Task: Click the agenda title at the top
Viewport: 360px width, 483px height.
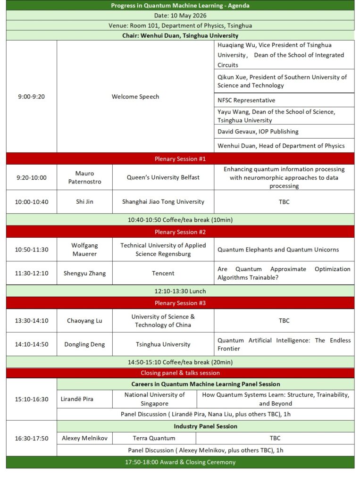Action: click(x=180, y=6)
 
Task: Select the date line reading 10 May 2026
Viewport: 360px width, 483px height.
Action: click(x=180, y=16)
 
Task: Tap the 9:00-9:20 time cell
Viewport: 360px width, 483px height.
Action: click(x=31, y=97)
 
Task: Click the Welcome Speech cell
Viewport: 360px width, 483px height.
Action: click(x=135, y=97)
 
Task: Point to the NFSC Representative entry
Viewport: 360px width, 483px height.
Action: click(x=246, y=100)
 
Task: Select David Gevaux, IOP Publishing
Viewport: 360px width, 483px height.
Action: click(x=258, y=131)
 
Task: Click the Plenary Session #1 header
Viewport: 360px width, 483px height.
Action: click(x=180, y=158)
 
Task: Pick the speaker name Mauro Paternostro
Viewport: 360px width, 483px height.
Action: click(x=84, y=177)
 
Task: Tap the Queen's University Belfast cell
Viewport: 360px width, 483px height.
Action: click(x=163, y=177)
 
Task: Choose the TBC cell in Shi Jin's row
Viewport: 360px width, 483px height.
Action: click(x=284, y=202)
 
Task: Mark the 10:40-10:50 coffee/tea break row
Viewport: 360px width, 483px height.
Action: click(x=180, y=220)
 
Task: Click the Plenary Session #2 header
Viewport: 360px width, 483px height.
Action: click(x=180, y=232)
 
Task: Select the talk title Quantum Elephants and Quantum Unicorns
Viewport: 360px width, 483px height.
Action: click(x=278, y=250)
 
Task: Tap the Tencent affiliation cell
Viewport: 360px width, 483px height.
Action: click(x=163, y=273)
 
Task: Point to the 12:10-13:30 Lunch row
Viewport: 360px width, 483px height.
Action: click(x=180, y=291)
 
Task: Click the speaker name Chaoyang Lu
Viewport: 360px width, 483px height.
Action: click(x=84, y=321)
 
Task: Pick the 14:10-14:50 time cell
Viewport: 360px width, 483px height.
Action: click(x=31, y=344)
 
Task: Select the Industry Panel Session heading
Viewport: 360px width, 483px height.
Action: click(x=205, y=426)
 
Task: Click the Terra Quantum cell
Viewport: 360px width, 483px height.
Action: click(x=154, y=438)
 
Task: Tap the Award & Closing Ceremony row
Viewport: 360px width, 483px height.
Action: click(x=180, y=462)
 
